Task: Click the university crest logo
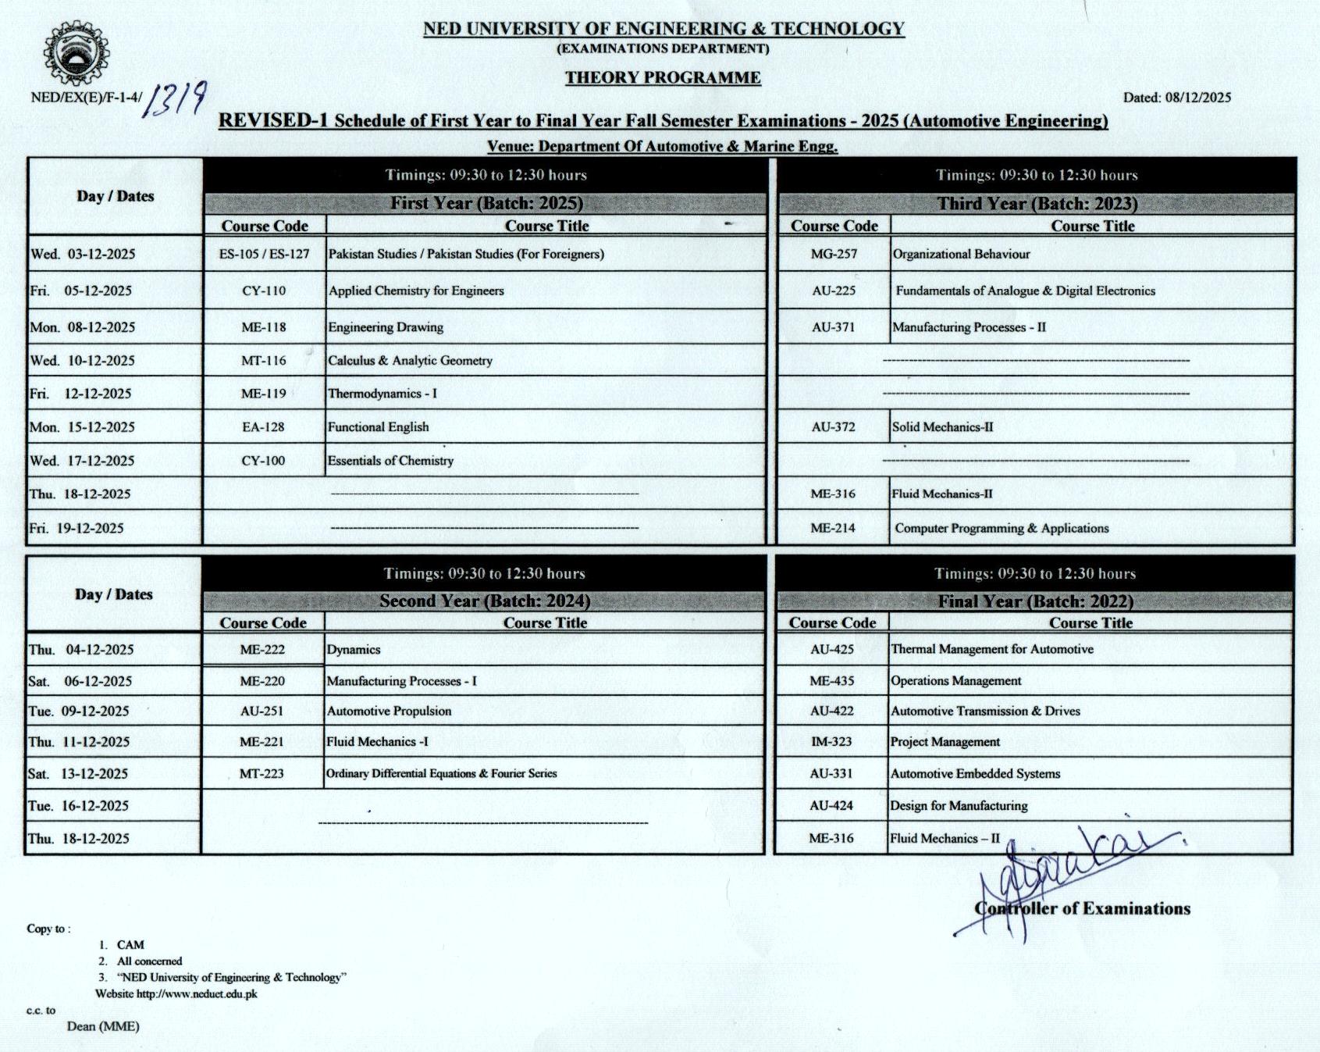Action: pyautogui.click(x=75, y=53)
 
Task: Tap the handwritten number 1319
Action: pyautogui.click(x=177, y=99)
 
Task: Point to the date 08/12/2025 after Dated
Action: pyautogui.click(x=1197, y=98)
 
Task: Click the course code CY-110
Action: pyautogui.click(x=264, y=291)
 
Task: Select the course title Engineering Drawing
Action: pyautogui.click(x=386, y=327)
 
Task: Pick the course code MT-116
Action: pyautogui.click(x=264, y=361)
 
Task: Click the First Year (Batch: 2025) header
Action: pyautogui.click(x=486, y=204)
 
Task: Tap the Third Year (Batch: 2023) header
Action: pyautogui.click(x=1037, y=204)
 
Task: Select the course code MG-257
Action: pyautogui.click(x=834, y=254)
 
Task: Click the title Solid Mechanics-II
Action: pyautogui.click(x=942, y=427)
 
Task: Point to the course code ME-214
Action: pyautogui.click(x=832, y=528)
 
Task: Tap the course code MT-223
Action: pyautogui.click(x=262, y=774)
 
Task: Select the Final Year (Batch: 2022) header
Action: pyautogui.click(x=1035, y=601)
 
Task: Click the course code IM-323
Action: pyautogui.click(x=831, y=742)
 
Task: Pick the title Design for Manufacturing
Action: pyautogui.click(x=959, y=806)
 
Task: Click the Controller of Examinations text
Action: pyautogui.click(x=1082, y=908)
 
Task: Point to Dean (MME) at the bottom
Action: pyautogui.click(x=103, y=1026)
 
